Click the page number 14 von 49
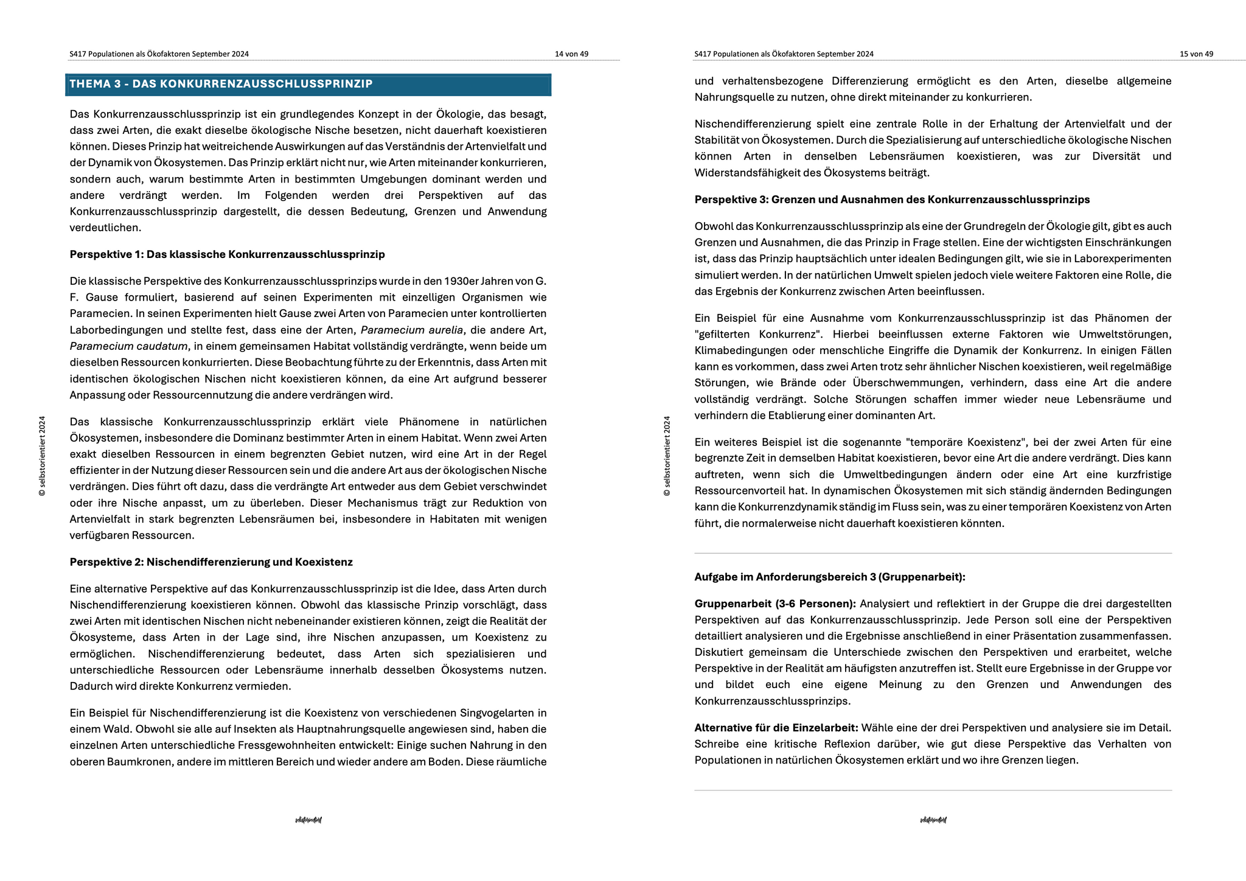click(571, 54)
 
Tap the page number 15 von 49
click(1196, 54)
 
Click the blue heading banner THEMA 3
click(308, 85)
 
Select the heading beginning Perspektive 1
click(227, 254)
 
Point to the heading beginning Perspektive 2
click(211, 562)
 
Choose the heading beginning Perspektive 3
click(892, 200)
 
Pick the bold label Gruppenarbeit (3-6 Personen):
click(775, 604)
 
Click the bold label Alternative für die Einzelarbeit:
click(776, 728)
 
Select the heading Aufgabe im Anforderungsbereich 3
click(830, 577)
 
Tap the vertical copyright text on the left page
click(42, 456)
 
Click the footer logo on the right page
click(933, 820)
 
